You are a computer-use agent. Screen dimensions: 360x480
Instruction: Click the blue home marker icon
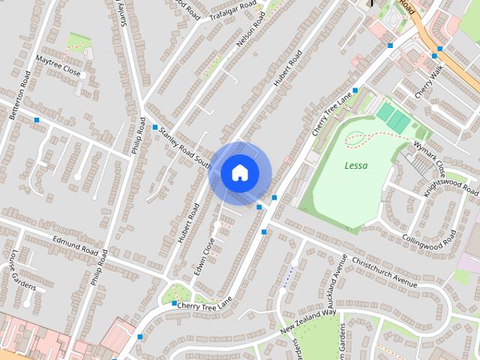coord(240,172)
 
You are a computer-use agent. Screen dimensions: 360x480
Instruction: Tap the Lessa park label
coord(356,165)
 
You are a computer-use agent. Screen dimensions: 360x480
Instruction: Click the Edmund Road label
coord(75,245)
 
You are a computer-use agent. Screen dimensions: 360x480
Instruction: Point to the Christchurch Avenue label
coord(383,273)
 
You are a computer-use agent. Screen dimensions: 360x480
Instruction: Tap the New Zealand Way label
coord(309,321)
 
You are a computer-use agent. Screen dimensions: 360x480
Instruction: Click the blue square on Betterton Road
coord(36,120)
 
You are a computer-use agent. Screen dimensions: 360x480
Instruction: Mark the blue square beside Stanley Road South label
coord(155,127)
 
